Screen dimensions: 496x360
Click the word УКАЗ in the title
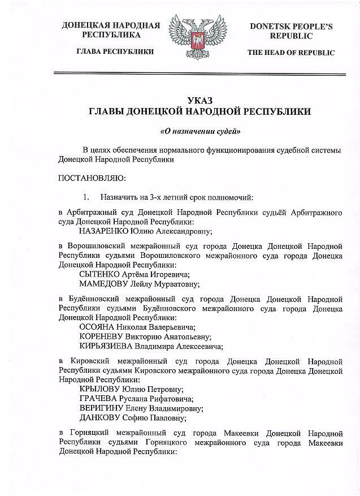click(202, 100)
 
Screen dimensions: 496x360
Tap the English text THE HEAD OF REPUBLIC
click(291, 53)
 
